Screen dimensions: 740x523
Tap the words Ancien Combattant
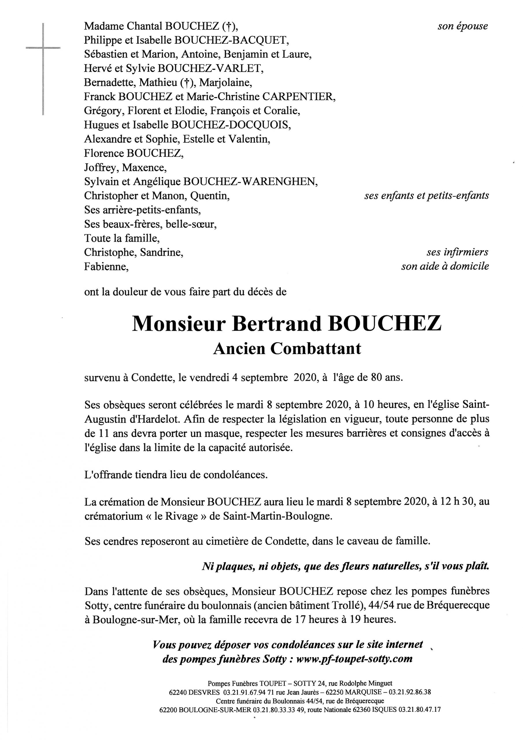click(287, 349)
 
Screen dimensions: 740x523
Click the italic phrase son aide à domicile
click(445, 266)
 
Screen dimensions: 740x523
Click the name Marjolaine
click(225, 82)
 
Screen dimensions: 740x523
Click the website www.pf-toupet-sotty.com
click(354, 658)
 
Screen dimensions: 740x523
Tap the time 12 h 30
click(457, 502)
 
